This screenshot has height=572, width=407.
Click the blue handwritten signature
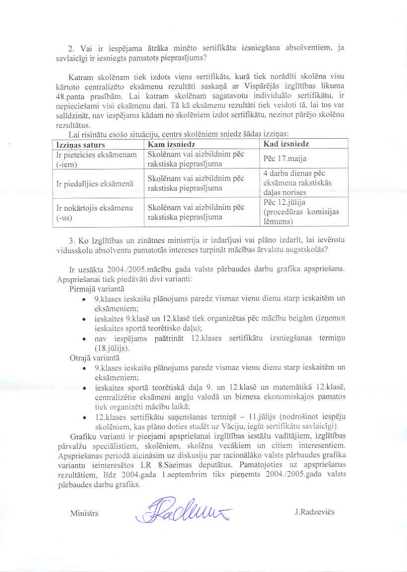click(184, 511)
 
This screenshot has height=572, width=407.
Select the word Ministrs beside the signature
click(84, 513)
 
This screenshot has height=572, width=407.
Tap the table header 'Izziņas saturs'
click(76, 144)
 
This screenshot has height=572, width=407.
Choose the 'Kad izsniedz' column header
click(285, 144)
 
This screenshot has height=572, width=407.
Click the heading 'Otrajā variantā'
click(94, 357)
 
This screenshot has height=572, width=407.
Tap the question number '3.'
click(71, 241)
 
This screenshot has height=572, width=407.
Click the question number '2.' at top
click(71, 48)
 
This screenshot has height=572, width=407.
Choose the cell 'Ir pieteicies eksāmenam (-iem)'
click(96, 159)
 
